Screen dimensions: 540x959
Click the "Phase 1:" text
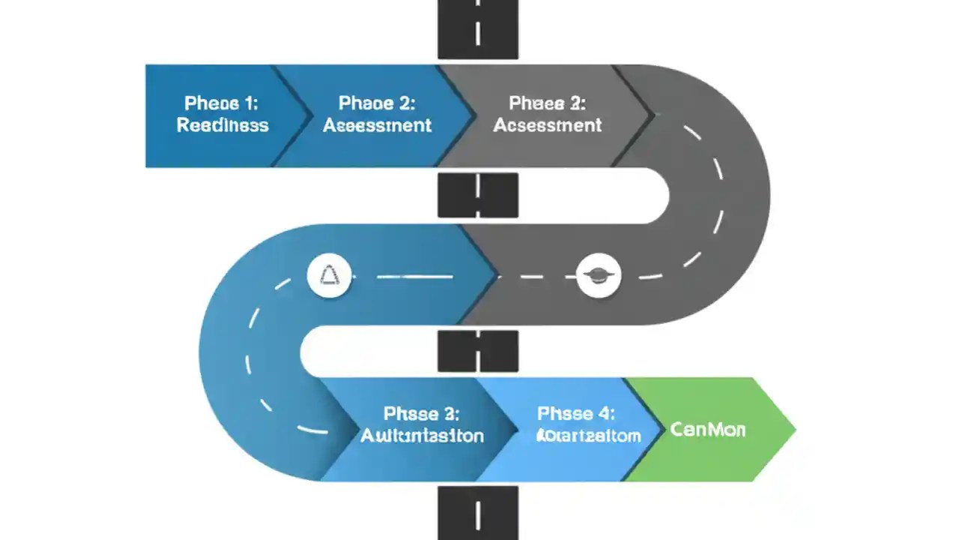click(222, 103)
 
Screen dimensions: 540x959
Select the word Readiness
click(223, 125)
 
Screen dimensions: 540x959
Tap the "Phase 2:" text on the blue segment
click(377, 103)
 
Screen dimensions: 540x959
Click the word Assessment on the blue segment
click(377, 125)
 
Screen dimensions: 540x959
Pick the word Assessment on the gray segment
click(547, 125)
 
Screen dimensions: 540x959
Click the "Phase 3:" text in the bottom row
click(421, 413)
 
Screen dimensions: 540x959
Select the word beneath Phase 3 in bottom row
click(422, 436)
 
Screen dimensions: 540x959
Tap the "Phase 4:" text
click(576, 413)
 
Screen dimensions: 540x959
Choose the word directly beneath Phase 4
click(589, 436)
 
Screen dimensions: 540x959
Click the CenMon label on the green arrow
click(708, 430)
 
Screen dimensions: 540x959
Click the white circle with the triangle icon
click(329, 276)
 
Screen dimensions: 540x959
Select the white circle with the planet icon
click(599, 276)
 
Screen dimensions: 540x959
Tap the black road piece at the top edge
click(478, 28)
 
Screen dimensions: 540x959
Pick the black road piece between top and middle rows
click(478, 195)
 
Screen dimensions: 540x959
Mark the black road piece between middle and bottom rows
click(478, 351)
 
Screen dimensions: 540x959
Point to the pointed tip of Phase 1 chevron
click(309, 115)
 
